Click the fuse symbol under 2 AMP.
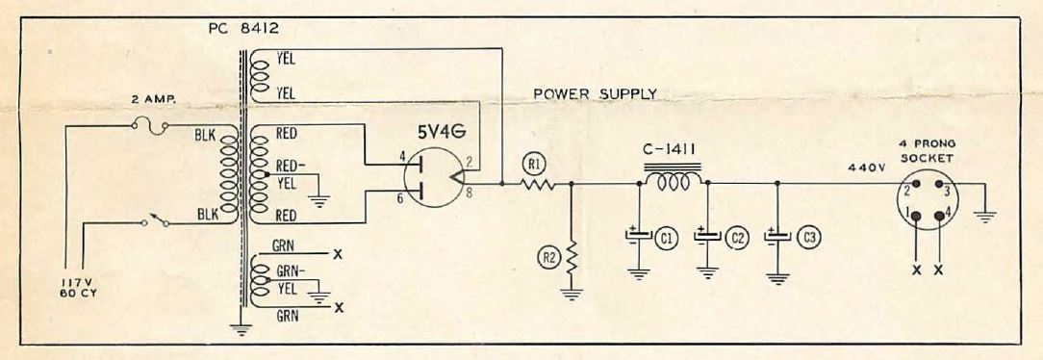coord(150,126)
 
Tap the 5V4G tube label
coord(443,133)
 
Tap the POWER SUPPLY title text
coord(595,93)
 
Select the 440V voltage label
coord(867,168)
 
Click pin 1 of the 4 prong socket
coord(916,216)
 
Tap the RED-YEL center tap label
coord(287,174)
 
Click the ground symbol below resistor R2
coord(571,294)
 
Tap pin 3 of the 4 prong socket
coord(938,184)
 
